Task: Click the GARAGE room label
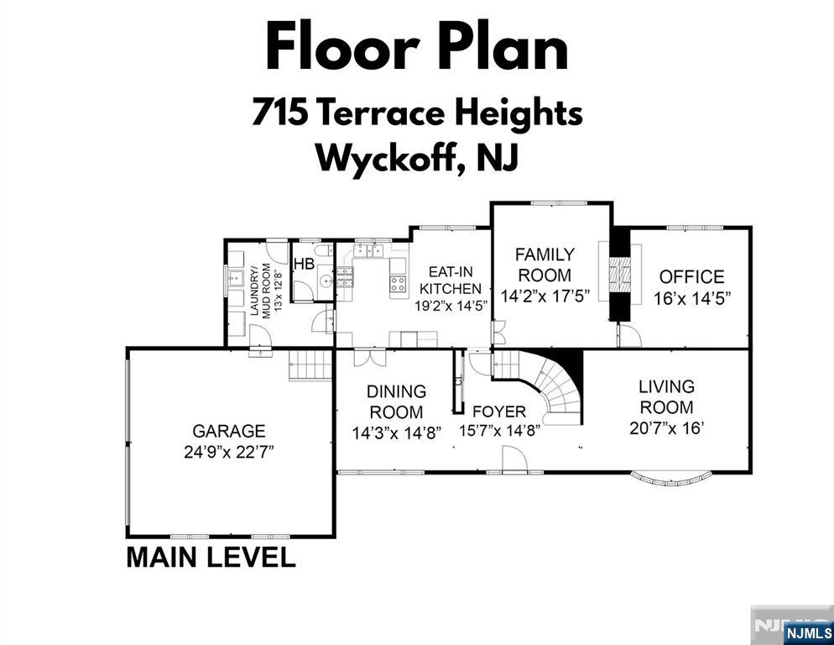pyautogui.click(x=229, y=431)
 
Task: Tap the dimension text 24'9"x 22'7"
pyautogui.click(x=229, y=452)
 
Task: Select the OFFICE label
pyautogui.click(x=691, y=277)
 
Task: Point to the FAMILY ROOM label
pyautogui.click(x=545, y=265)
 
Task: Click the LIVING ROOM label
pyautogui.click(x=666, y=396)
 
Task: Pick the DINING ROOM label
pyautogui.click(x=396, y=402)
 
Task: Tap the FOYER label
pyautogui.click(x=499, y=412)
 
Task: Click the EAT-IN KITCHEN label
pyautogui.click(x=451, y=281)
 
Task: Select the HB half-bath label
pyautogui.click(x=305, y=264)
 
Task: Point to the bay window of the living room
pyautogui.click(x=670, y=480)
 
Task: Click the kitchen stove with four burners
pyautogui.click(x=398, y=284)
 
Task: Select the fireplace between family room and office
pyautogui.click(x=619, y=274)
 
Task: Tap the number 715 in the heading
pyautogui.click(x=280, y=113)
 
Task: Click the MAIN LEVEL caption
pyautogui.click(x=211, y=557)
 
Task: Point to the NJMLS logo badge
pyautogui.click(x=809, y=632)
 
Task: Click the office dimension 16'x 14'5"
pyautogui.click(x=691, y=298)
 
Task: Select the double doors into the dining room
pyautogui.click(x=370, y=357)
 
